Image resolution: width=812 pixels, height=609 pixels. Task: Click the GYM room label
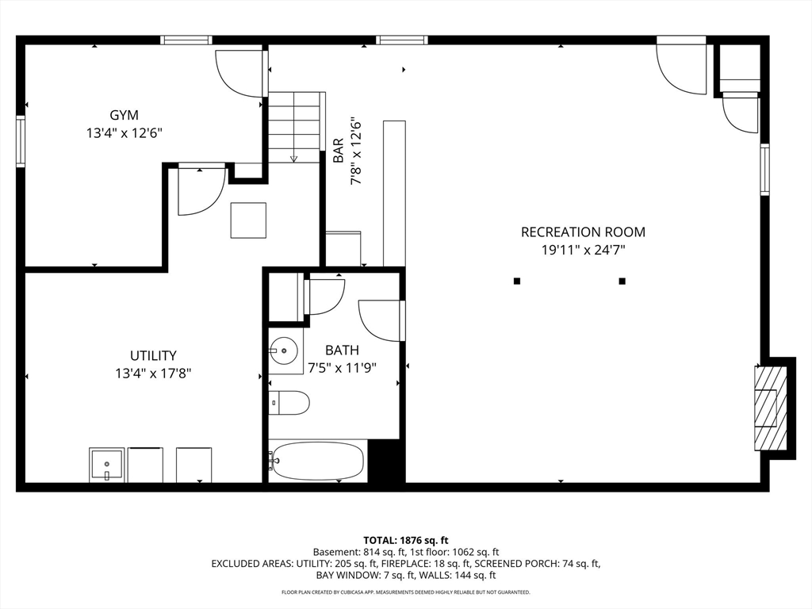click(124, 115)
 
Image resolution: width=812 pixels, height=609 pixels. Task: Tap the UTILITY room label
click(153, 356)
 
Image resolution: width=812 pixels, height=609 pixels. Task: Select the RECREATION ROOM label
click(583, 232)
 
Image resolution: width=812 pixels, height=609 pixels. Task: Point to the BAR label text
click(338, 150)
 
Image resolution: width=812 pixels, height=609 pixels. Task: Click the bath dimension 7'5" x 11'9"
click(342, 368)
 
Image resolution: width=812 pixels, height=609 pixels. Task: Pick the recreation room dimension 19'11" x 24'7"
click(583, 251)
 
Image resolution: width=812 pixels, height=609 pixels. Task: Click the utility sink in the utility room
click(107, 465)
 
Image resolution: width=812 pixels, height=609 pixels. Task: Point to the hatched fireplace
click(770, 408)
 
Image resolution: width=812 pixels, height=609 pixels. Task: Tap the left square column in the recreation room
click(516, 282)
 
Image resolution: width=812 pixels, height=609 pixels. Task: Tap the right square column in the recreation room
click(622, 282)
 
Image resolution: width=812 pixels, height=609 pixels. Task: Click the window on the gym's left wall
click(21, 141)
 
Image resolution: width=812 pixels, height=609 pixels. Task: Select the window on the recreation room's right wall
click(765, 170)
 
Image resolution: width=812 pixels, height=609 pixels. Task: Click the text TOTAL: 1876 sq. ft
click(405, 541)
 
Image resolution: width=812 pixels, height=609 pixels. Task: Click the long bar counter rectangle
click(394, 193)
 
